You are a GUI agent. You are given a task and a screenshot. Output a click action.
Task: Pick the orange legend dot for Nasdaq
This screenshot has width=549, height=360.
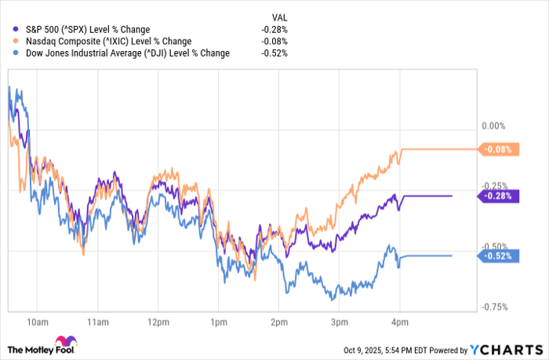16,40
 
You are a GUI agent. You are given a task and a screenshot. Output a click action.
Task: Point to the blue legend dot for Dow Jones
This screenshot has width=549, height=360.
16,53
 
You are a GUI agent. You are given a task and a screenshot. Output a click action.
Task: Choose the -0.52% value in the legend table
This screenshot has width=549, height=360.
274,53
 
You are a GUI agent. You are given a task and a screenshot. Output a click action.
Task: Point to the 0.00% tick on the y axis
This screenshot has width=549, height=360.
492,125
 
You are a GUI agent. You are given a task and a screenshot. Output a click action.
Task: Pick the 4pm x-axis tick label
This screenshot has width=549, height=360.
400,322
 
